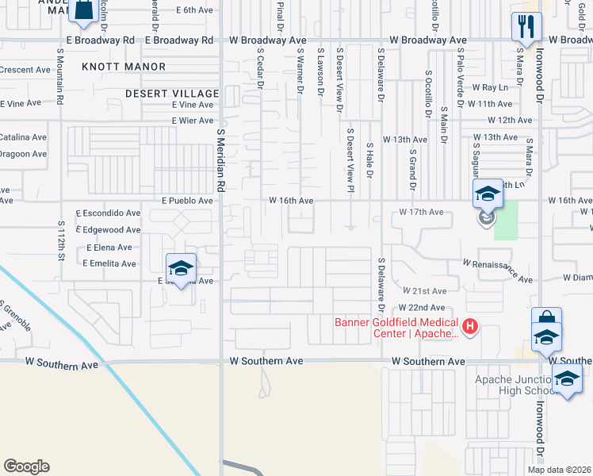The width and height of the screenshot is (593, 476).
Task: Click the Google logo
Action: (x=26, y=466)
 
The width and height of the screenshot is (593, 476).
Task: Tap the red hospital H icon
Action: (x=470, y=326)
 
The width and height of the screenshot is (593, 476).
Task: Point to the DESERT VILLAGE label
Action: (x=171, y=94)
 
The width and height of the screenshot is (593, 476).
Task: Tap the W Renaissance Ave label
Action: (x=498, y=271)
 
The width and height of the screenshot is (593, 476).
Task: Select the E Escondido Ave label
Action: (x=108, y=213)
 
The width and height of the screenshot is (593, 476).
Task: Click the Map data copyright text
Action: (x=559, y=470)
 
